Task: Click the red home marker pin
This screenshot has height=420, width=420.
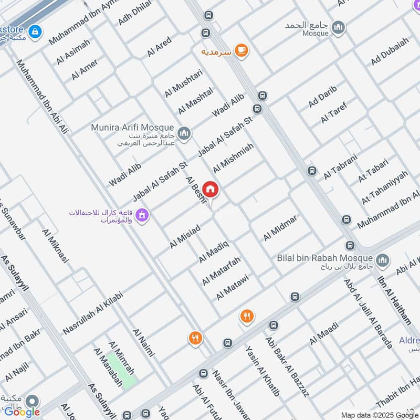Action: coord(211,190)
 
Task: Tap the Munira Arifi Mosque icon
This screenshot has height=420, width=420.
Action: coord(184,134)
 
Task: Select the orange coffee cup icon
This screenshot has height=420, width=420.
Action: coord(241,50)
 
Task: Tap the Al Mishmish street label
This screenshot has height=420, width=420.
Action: coord(234,158)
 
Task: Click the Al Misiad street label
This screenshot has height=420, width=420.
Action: coord(184,236)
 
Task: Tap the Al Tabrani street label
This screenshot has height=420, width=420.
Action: coord(340,166)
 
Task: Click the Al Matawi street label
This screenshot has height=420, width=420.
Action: coord(232,287)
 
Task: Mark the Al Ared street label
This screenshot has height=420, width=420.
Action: coord(159,46)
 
